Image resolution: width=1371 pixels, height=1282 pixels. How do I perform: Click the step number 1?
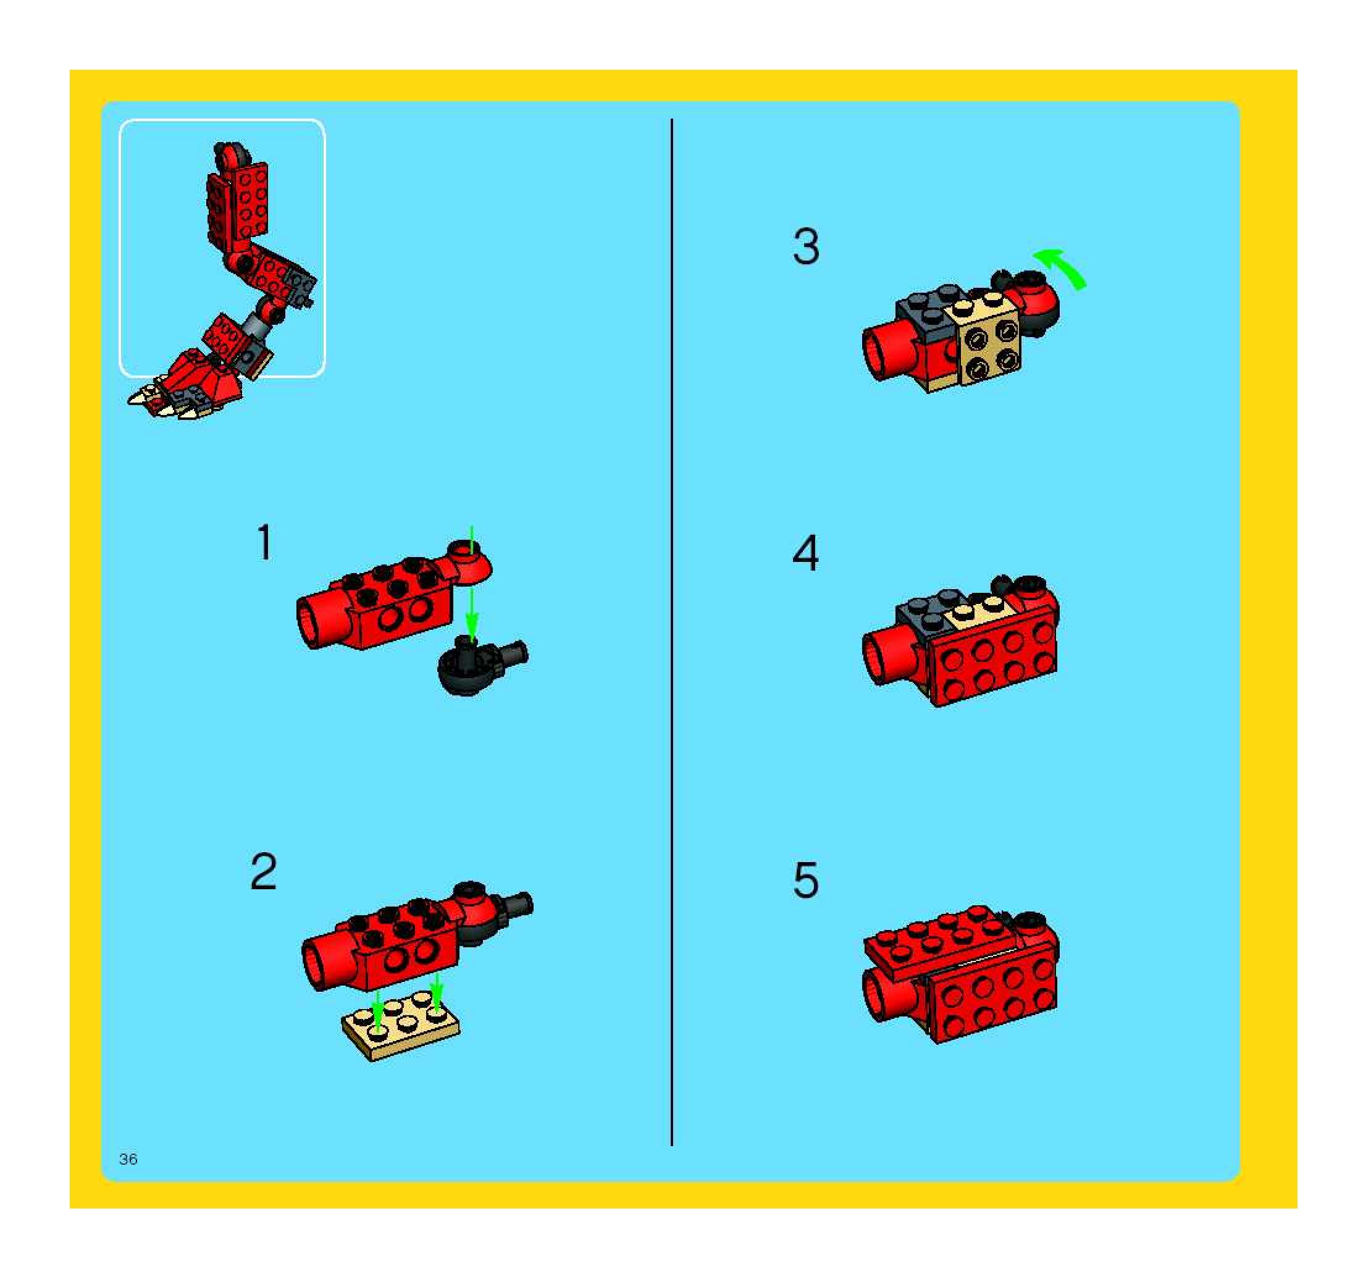click(x=265, y=542)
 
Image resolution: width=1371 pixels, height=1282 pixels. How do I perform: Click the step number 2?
click(x=264, y=872)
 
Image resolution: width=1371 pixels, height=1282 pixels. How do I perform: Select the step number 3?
click(x=806, y=246)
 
